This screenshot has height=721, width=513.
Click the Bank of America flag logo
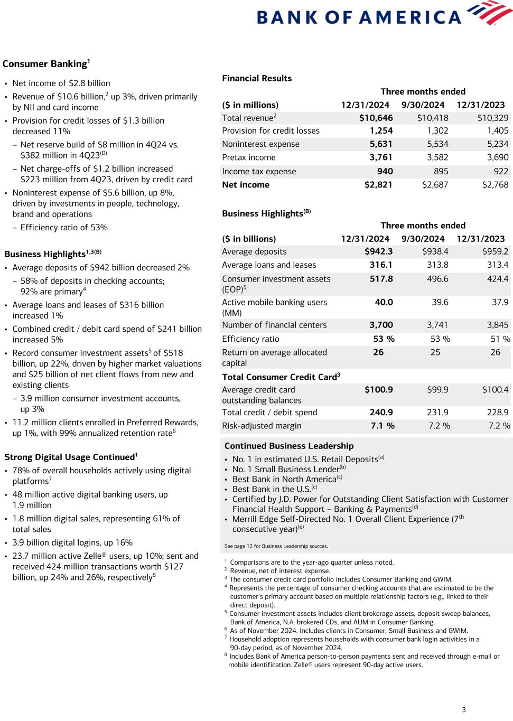point(490,13)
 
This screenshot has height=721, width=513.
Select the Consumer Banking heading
point(46,64)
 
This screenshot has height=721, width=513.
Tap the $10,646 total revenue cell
point(376,118)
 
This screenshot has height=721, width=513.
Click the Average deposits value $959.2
point(495,252)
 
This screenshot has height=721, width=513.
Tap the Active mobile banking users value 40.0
point(384,302)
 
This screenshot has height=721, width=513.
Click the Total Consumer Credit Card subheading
point(281,377)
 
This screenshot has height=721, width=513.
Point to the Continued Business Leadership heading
point(289,446)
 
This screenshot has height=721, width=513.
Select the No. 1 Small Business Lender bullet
point(288,469)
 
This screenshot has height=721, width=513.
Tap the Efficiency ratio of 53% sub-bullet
point(63,228)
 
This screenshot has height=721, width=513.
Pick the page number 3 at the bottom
point(464,710)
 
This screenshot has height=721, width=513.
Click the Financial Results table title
point(257,78)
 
